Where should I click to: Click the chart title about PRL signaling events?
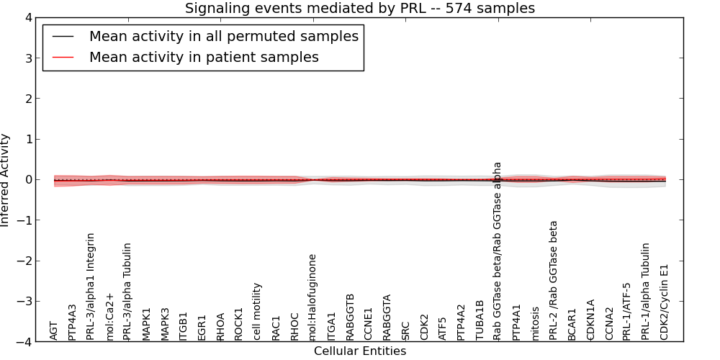(360, 9)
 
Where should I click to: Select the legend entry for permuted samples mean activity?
(223, 36)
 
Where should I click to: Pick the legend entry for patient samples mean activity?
(204, 57)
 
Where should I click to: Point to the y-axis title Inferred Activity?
(6, 180)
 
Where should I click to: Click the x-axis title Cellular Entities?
(360, 351)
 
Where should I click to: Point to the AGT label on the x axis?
(54, 330)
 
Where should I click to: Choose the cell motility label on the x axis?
(257, 311)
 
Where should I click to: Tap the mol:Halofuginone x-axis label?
(312, 297)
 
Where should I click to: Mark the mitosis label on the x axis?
(535, 323)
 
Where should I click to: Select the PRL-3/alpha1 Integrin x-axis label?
(91, 286)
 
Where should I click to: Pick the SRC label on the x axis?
(405, 330)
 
